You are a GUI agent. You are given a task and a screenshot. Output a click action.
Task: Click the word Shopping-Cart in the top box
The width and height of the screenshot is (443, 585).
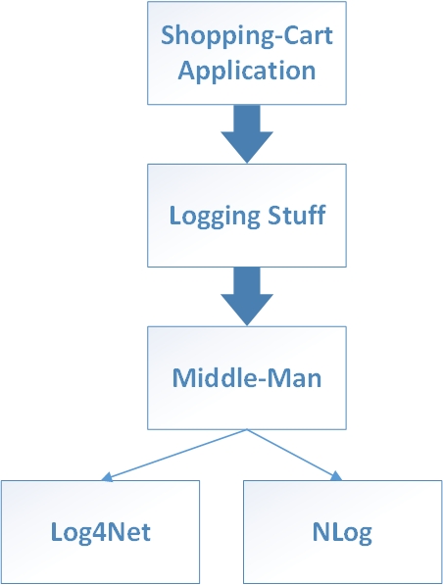click(247, 37)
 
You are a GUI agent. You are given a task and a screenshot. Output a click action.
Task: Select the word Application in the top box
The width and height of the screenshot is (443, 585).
click(247, 72)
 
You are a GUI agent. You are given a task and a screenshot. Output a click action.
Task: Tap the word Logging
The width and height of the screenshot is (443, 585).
click(215, 217)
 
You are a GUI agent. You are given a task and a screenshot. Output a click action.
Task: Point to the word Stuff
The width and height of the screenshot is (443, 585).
click(297, 215)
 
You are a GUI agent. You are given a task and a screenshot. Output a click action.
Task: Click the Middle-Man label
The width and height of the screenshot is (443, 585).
click(247, 377)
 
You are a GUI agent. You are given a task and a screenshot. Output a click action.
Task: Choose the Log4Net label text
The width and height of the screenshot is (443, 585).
click(100, 532)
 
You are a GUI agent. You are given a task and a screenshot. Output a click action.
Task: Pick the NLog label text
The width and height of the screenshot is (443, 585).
click(342, 533)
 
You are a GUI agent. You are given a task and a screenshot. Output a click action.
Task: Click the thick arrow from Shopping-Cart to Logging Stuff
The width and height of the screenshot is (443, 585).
click(247, 133)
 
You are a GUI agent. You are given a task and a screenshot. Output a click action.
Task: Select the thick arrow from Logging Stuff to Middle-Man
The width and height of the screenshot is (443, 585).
click(247, 296)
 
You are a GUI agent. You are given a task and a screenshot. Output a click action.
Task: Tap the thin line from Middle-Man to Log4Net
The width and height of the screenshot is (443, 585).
click(173, 455)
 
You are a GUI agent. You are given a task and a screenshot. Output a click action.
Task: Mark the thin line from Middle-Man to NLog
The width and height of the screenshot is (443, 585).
click(294, 455)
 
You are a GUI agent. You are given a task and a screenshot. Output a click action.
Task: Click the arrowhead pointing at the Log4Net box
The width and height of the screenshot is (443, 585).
click(107, 477)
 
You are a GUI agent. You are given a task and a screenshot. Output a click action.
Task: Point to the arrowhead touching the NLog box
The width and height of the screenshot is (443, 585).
click(336, 476)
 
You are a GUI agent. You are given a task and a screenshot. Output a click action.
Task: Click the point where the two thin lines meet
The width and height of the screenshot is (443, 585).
click(247, 429)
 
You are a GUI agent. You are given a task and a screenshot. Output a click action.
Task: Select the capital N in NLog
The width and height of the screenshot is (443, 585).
click(320, 532)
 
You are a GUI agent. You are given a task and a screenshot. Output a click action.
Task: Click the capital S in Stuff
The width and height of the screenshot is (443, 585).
click(275, 215)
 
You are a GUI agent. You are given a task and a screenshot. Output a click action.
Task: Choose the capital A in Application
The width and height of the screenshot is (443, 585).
click(187, 70)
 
